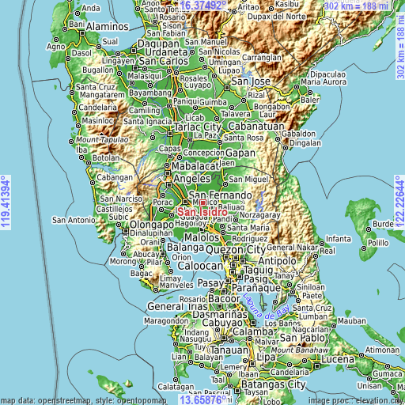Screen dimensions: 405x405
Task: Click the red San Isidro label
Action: [202, 212]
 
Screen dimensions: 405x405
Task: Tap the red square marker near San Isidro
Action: [202, 202]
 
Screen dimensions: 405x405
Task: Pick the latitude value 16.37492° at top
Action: [202, 6]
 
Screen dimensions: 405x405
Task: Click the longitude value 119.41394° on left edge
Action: [6, 202]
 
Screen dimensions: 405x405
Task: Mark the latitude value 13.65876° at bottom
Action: [202, 399]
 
